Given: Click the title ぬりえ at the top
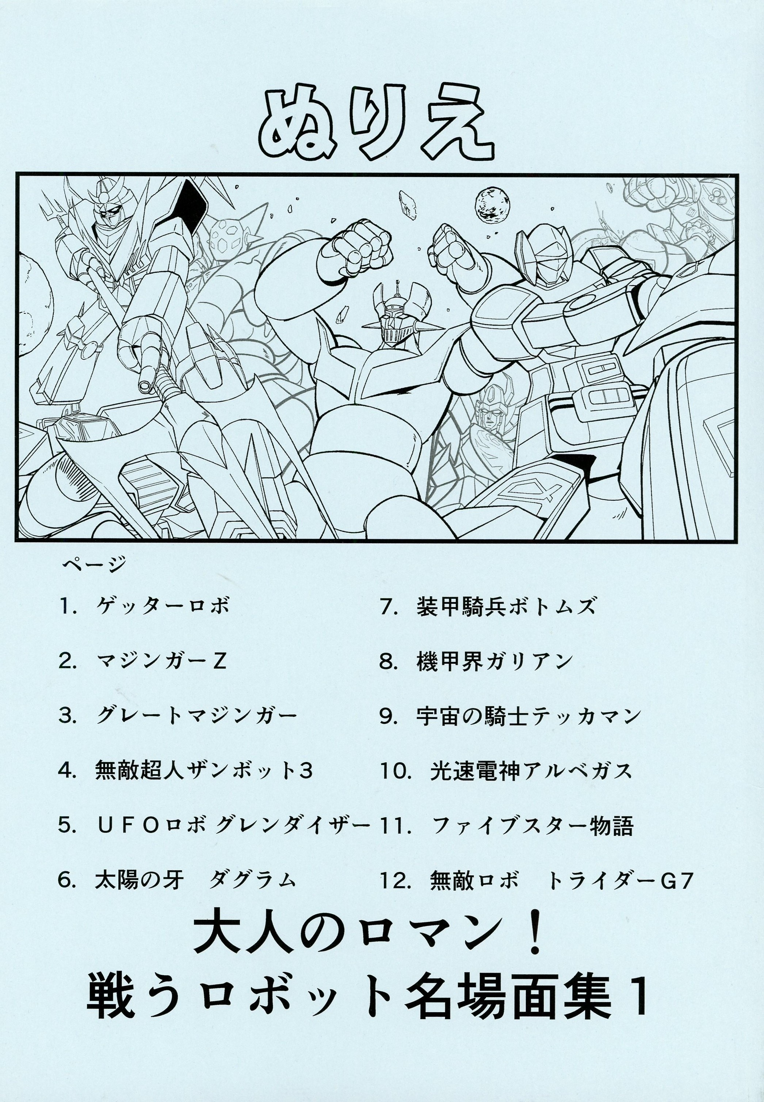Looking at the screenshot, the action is tap(376, 125).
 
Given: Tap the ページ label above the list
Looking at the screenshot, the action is tap(94, 565).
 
